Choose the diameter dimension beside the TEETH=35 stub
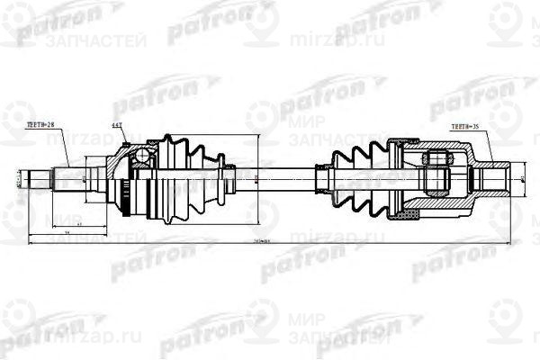point(514,178)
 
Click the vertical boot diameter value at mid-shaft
point(255,177)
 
